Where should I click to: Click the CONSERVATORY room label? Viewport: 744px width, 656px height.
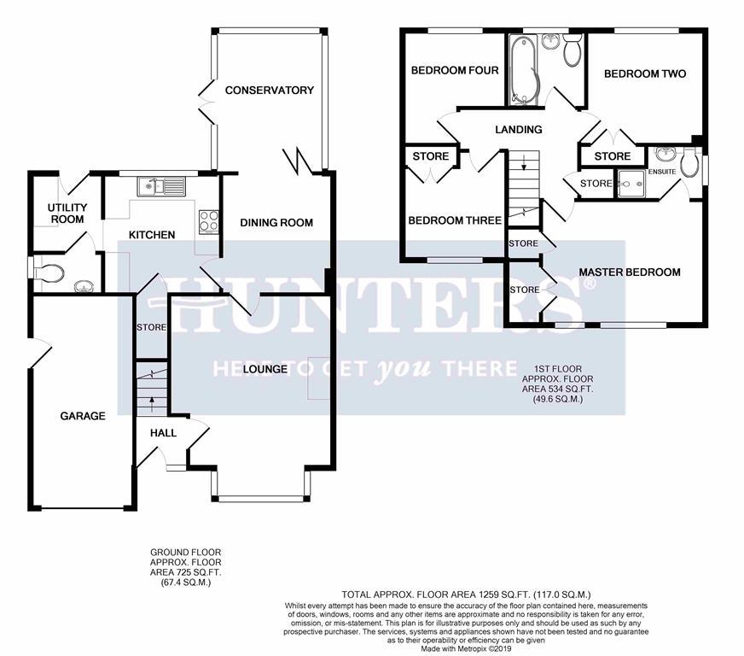point(269,91)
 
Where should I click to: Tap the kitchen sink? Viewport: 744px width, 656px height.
point(162,186)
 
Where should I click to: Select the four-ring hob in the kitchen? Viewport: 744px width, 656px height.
point(209,222)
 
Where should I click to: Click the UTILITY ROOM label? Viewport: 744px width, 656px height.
point(67,214)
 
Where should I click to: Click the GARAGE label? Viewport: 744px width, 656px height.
point(83,416)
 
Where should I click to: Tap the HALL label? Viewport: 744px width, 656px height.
point(163,433)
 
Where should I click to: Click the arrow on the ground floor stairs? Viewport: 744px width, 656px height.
point(152,404)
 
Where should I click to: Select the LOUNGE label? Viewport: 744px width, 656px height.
point(264,369)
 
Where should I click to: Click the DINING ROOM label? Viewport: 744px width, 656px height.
point(276,223)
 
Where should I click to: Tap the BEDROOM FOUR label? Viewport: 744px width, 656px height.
point(455,71)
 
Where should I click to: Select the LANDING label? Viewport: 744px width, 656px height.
point(518,130)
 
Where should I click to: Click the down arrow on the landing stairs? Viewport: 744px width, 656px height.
point(524,163)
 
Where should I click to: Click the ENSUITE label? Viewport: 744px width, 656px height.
point(662,172)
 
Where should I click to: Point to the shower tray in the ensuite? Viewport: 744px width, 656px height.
point(631,184)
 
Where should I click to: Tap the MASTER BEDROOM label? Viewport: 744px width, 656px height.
point(630,272)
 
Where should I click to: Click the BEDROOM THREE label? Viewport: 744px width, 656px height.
point(455,220)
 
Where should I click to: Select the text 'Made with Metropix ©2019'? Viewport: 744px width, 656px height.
point(466,649)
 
